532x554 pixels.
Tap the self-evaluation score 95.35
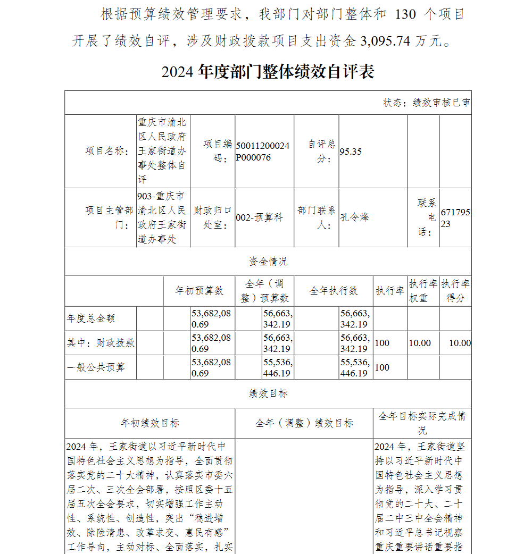[x=351, y=152]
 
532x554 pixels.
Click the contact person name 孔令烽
[x=354, y=217]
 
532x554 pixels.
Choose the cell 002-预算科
[x=259, y=217]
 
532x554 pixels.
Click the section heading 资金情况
[x=268, y=262]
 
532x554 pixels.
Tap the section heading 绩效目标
[x=268, y=393]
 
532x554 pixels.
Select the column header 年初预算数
[x=199, y=291]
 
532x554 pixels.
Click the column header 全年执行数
[x=334, y=291]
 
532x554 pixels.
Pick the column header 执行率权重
[x=423, y=291]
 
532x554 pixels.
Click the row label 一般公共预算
[x=96, y=367]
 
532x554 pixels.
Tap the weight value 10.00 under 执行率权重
[x=420, y=343]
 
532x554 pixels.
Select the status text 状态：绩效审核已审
[x=426, y=103]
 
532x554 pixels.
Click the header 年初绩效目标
[x=150, y=423]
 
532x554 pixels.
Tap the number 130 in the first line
[x=405, y=14]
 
